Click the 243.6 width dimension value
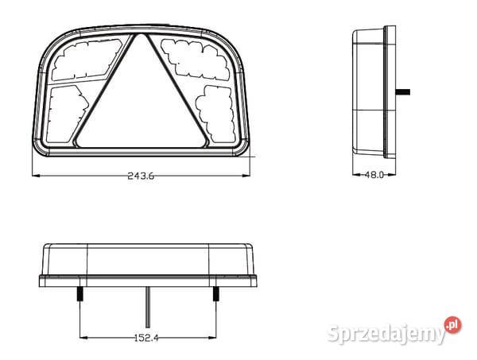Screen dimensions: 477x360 pyautogui.click(x=141, y=176)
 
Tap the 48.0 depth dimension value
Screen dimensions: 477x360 pyautogui.click(x=374, y=175)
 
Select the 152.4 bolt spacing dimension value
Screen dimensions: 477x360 pyautogui.click(x=146, y=338)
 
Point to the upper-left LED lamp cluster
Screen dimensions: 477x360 pyautogui.click(x=87, y=59)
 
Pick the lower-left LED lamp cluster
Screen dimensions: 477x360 pyautogui.click(x=66, y=114)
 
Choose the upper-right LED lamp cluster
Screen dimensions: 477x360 pyautogui.click(x=195, y=60)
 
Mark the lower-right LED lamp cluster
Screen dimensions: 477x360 pyautogui.click(x=216, y=114)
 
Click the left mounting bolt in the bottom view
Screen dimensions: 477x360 pyautogui.click(x=80, y=294)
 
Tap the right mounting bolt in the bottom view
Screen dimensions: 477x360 pyautogui.click(x=215, y=294)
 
